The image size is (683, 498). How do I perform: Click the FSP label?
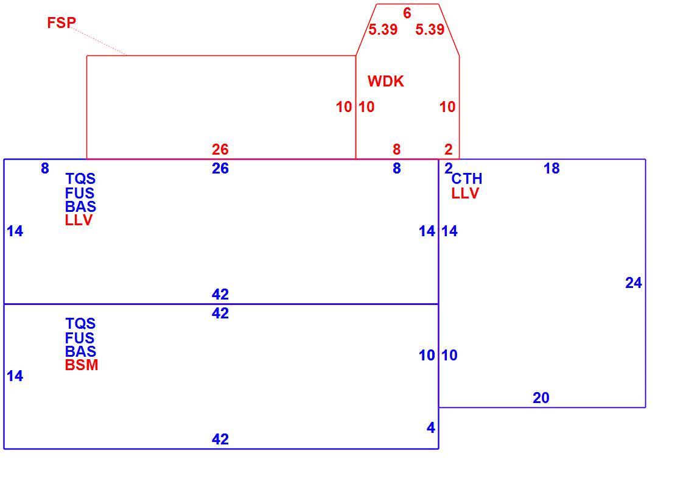(61, 22)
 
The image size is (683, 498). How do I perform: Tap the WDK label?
(385, 81)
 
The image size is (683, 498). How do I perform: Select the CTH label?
(467, 178)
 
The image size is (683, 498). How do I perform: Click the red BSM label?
(82, 365)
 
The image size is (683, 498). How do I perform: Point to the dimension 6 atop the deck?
(407, 13)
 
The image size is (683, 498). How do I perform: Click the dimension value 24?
(633, 282)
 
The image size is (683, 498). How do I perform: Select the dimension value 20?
(541, 398)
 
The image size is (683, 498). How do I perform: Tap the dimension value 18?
(552, 168)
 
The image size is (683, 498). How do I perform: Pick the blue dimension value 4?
(431, 427)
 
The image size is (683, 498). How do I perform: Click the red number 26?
(220, 149)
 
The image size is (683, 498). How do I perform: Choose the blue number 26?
(220, 168)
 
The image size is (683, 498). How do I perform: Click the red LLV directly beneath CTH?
(465, 193)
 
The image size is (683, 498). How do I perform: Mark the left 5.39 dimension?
(383, 29)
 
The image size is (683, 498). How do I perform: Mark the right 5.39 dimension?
(430, 29)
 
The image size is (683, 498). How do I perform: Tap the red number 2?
(449, 149)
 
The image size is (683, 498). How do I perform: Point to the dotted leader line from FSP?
(99, 41)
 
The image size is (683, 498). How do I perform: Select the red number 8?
(396, 149)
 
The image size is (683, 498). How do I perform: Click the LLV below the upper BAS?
(79, 220)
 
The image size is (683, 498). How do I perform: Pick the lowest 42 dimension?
(220, 439)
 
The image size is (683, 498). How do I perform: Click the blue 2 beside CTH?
(448, 168)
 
